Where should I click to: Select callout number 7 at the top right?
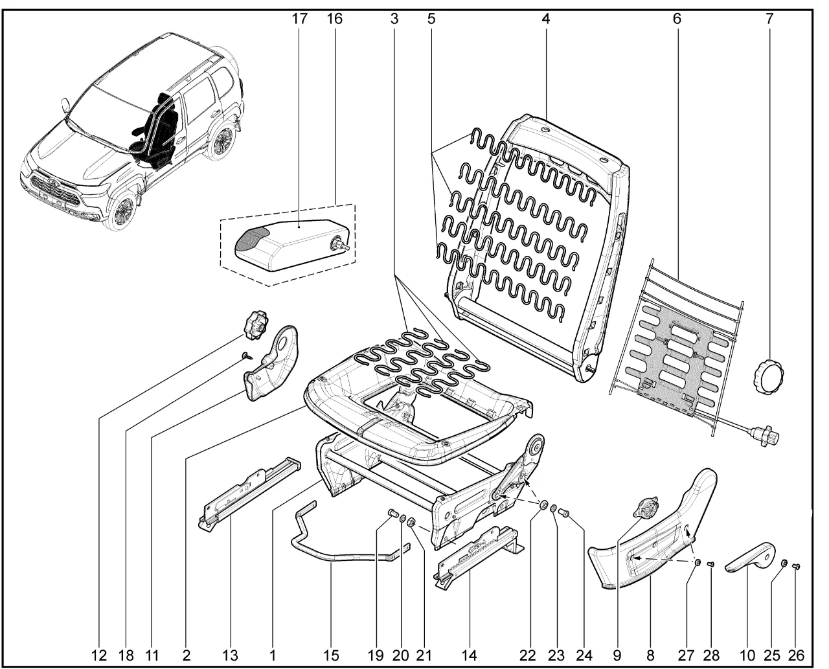769,19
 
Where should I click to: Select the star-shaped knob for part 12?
255,323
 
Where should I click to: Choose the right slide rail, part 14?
479,554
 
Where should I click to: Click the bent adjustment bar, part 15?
337,550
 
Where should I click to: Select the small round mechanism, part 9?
646,508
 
